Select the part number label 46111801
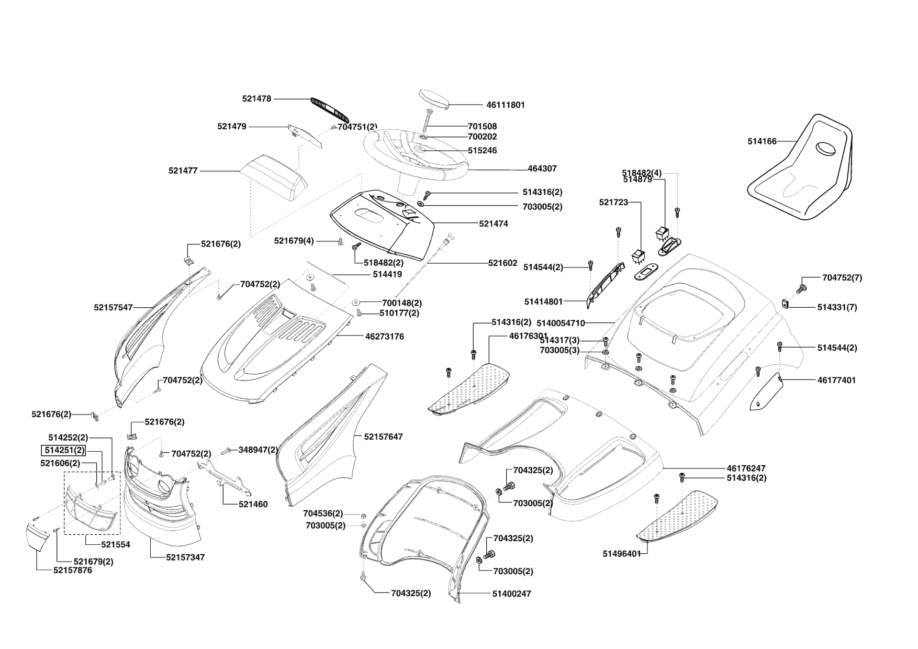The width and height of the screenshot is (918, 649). click(505, 105)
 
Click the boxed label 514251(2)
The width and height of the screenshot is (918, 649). click(63, 450)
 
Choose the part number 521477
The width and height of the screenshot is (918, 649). click(183, 171)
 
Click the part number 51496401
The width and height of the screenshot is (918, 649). click(622, 554)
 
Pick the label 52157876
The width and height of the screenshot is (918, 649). click(72, 570)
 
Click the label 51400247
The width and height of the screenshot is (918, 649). click(511, 594)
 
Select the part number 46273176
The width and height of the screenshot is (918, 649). click(384, 337)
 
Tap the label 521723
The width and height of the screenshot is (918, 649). click(613, 203)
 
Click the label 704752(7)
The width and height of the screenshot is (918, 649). click(842, 278)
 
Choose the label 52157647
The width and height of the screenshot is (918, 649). click(383, 437)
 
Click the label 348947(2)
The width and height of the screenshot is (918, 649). click(258, 450)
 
